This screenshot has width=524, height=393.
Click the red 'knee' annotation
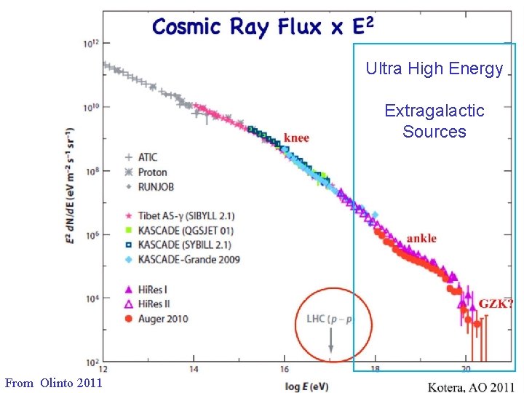(296, 138)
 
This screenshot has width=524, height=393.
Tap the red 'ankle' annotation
(421, 238)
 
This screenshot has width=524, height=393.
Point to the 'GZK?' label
(496, 303)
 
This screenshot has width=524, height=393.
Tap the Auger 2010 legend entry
(154, 318)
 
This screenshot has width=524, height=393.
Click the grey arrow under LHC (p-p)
(332, 340)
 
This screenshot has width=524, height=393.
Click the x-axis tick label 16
(284, 369)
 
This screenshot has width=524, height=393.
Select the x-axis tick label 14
(194, 369)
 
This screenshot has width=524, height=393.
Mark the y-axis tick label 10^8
(91, 171)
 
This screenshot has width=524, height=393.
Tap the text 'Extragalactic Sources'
(434, 121)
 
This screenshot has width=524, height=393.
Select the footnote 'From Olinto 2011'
(53, 382)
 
